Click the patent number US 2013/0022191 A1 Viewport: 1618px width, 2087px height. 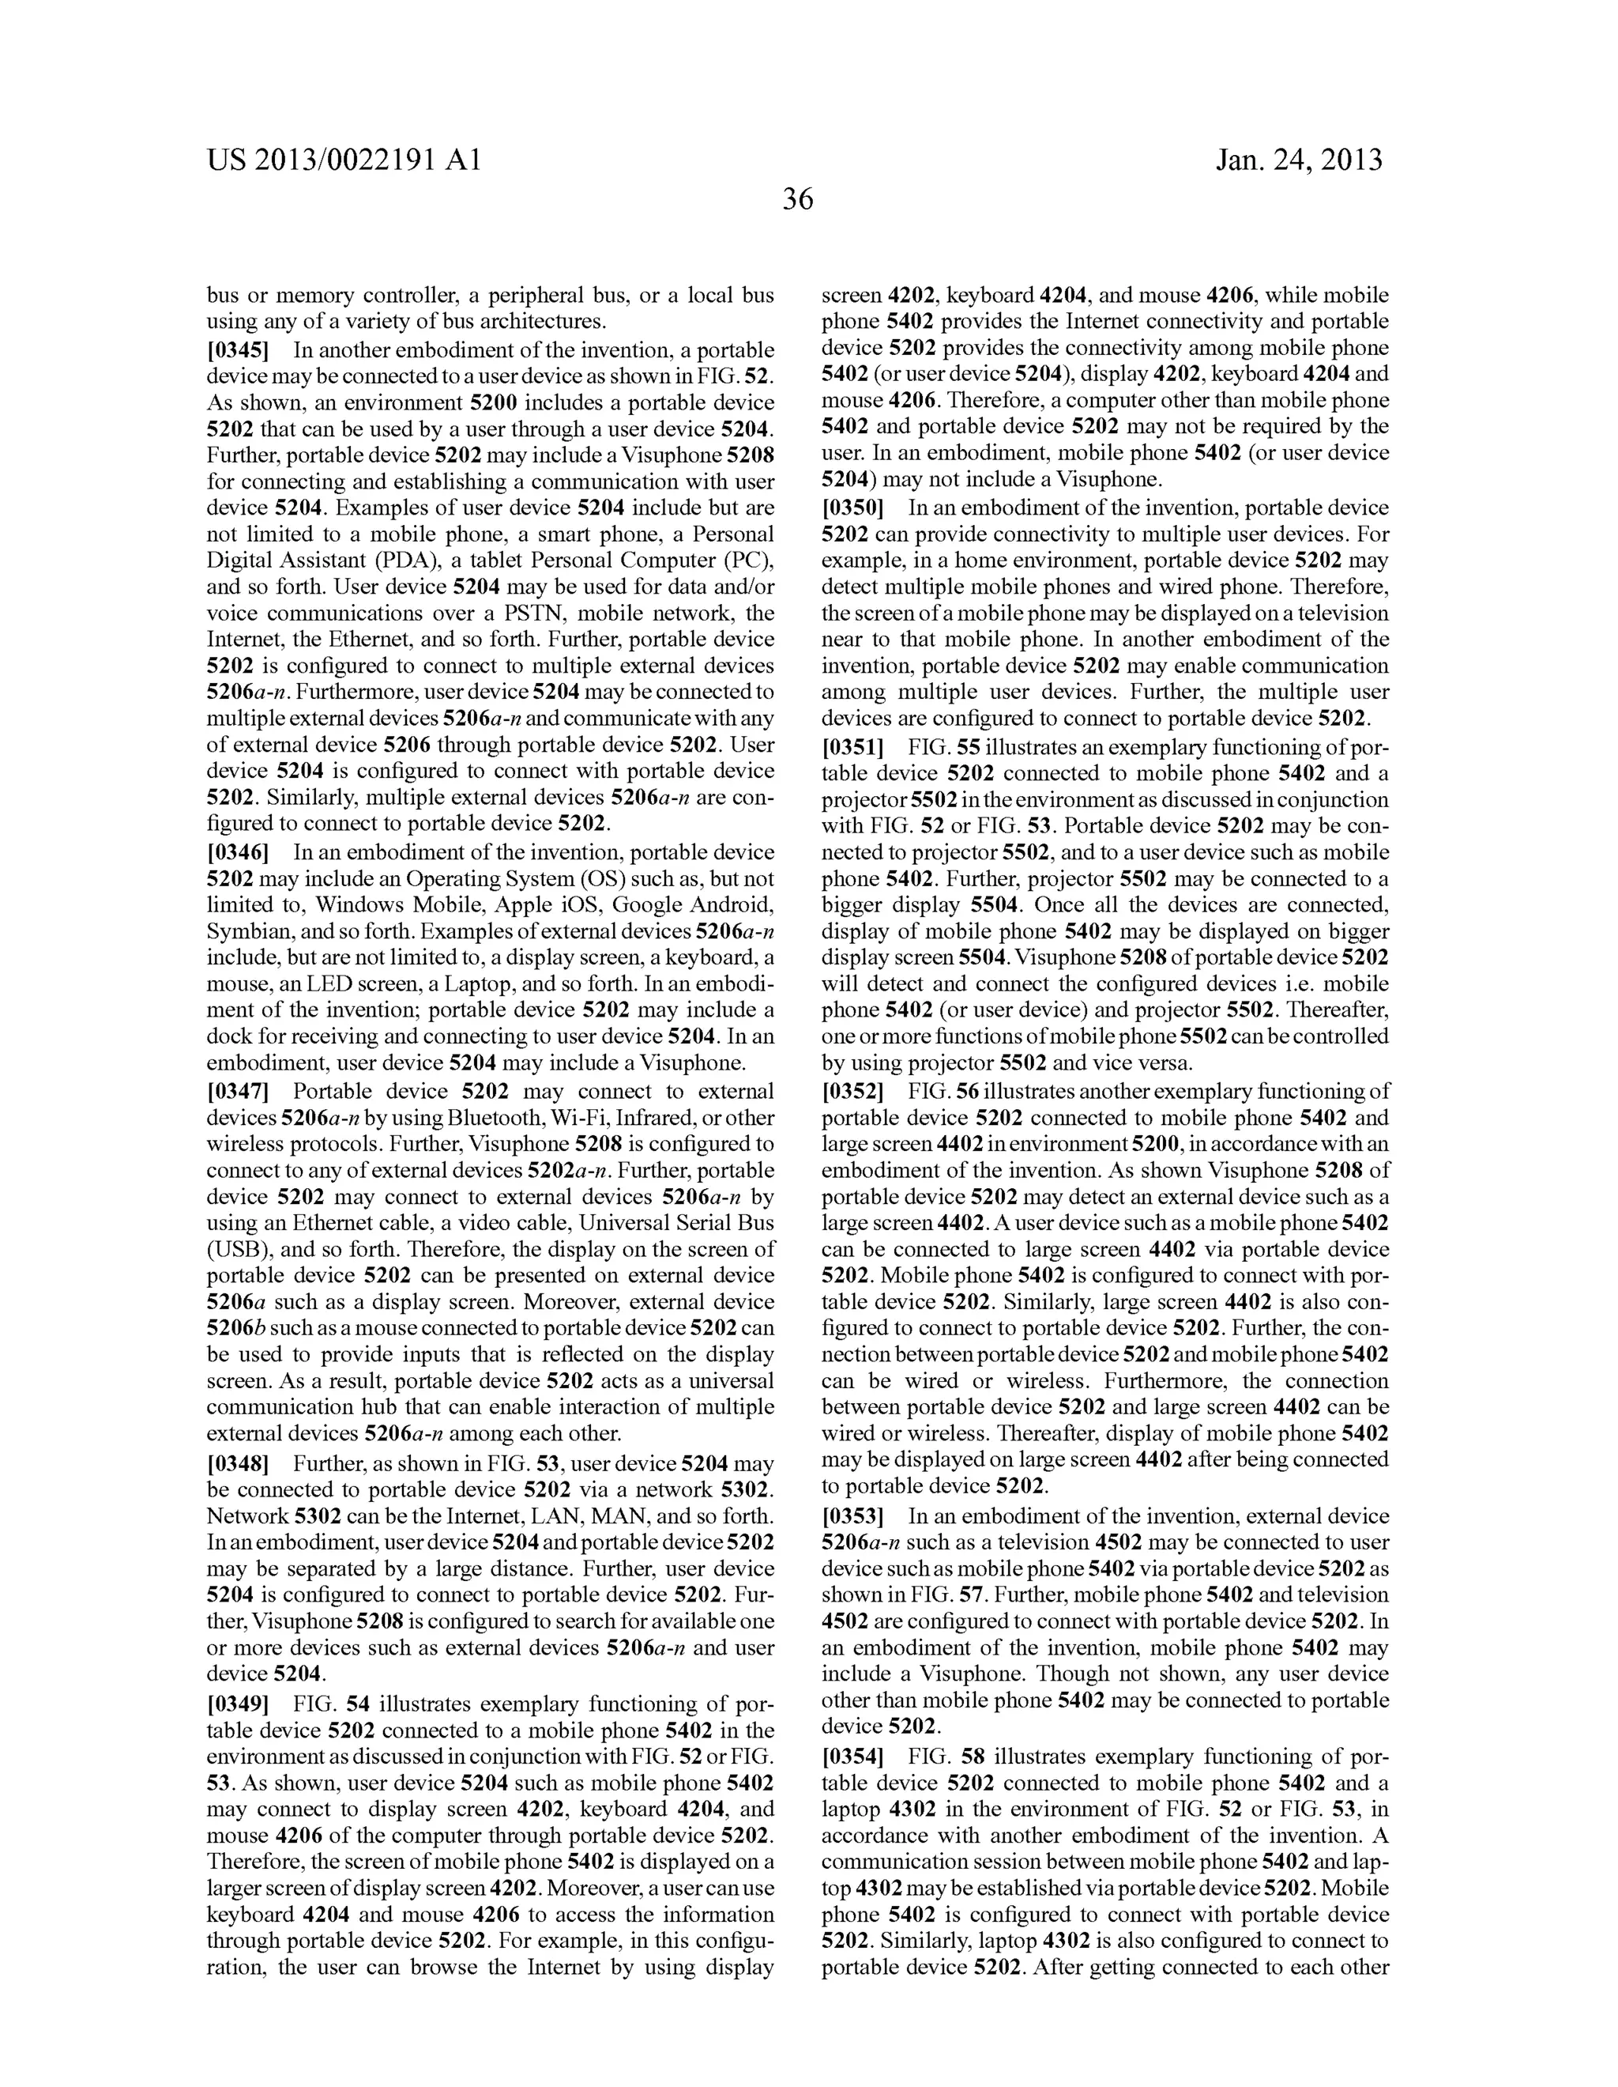(344, 160)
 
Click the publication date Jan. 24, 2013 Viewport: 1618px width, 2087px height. (1298, 160)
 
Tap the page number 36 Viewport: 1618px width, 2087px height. (797, 200)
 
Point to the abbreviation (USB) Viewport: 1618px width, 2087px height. (234, 1250)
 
